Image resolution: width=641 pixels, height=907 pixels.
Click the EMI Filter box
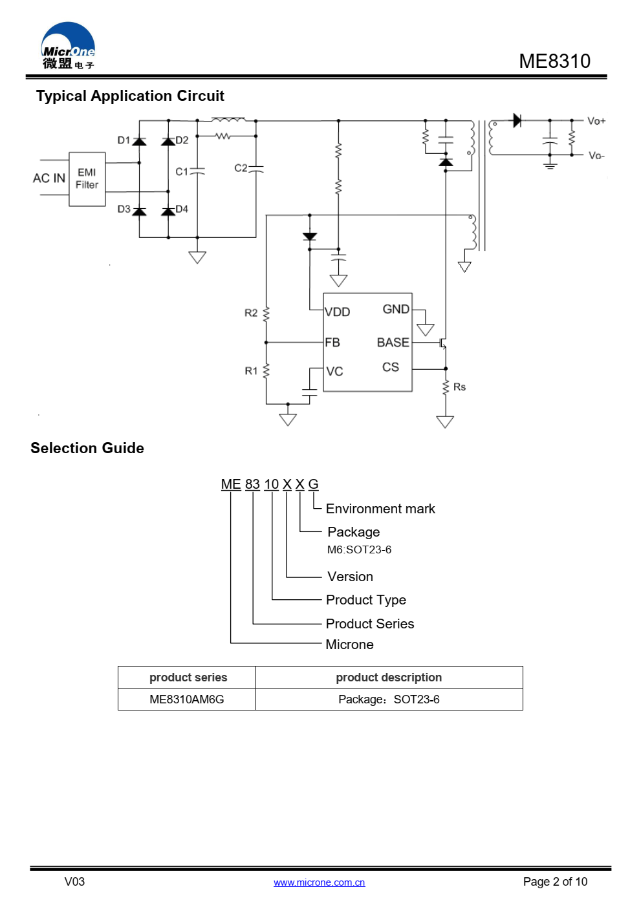click(x=87, y=179)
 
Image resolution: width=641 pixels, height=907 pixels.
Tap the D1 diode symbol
click(x=139, y=142)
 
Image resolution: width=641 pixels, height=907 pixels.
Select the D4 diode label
click(x=182, y=209)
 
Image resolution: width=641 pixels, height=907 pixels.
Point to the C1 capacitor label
click(x=182, y=172)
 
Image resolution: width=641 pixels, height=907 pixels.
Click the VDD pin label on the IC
click(x=337, y=312)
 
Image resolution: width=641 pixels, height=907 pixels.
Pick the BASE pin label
click(x=393, y=343)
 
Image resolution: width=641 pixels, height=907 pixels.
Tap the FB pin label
click(x=332, y=343)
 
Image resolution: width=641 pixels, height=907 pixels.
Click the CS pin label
click(x=391, y=367)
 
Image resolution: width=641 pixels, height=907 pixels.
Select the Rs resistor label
click(x=459, y=387)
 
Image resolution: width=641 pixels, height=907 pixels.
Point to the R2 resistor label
click(x=251, y=313)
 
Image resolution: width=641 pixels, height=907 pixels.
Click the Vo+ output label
click(x=596, y=121)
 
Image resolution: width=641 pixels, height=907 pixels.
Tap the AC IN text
click(x=49, y=178)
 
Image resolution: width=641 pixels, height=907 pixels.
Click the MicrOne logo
click(x=68, y=45)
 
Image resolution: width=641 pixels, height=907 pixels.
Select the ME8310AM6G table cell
click(x=187, y=699)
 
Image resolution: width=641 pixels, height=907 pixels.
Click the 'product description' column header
click(x=389, y=678)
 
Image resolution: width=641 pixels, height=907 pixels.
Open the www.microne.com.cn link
click(x=320, y=882)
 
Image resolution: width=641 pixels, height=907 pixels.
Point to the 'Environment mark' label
click(x=380, y=509)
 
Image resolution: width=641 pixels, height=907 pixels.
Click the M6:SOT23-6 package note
click(x=360, y=550)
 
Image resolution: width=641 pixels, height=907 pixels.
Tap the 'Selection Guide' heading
click(x=87, y=448)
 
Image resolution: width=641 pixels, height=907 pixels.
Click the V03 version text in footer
click(x=74, y=882)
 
